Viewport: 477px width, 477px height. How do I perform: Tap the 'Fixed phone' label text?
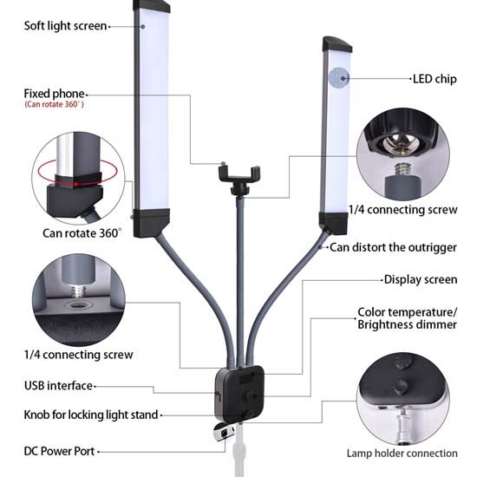pyautogui.click(x=54, y=93)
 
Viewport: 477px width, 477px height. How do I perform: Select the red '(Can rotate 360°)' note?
pyautogui.click(x=55, y=105)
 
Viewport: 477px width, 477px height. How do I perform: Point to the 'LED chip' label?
pyautogui.click(x=433, y=78)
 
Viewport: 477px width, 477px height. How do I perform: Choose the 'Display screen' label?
pyautogui.click(x=420, y=280)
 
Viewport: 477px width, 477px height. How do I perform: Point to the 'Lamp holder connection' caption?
pyautogui.click(x=402, y=453)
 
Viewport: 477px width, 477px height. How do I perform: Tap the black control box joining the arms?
pyautogui.click(x=239, y=395)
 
